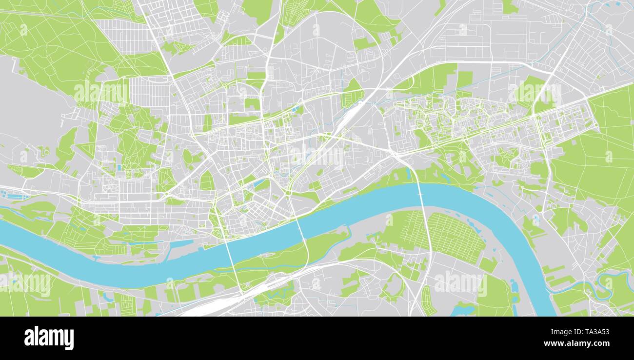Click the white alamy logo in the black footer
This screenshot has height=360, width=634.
tap(49, 338)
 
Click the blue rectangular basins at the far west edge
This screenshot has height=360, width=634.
tap(10, 194)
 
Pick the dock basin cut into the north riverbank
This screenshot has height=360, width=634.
tap(183, 242)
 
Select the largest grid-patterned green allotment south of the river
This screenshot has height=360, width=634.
tap(454, 237)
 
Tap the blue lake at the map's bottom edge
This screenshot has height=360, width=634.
tap(463, 309)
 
